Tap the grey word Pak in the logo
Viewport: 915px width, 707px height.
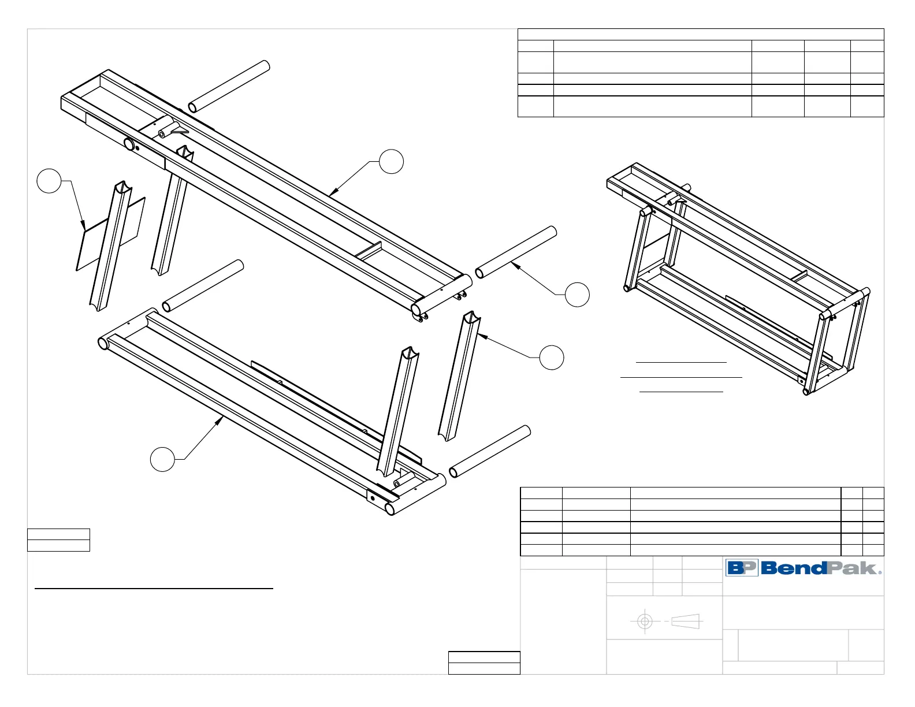853,568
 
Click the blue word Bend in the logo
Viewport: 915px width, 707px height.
794,568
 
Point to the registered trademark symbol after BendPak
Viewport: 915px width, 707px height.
880,572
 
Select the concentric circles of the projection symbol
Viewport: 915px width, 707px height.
645,622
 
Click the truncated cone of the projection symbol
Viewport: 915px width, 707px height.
686,622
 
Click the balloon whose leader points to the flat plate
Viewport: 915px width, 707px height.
49,181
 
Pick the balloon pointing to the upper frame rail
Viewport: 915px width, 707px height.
391,161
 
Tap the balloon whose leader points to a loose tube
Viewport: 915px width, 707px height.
577,295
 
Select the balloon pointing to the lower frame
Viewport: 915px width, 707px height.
162,459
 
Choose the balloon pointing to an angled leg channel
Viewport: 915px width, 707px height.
552,358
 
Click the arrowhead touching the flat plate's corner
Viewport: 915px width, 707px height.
84,229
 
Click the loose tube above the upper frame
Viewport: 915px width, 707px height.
229,87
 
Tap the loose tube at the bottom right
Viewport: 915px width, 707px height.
490,452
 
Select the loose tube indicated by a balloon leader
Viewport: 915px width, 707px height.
516,252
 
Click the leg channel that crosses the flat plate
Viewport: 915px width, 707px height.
111,245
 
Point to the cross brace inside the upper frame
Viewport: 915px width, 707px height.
369,250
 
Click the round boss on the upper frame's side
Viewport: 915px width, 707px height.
129,144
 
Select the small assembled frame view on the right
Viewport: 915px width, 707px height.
738,277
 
